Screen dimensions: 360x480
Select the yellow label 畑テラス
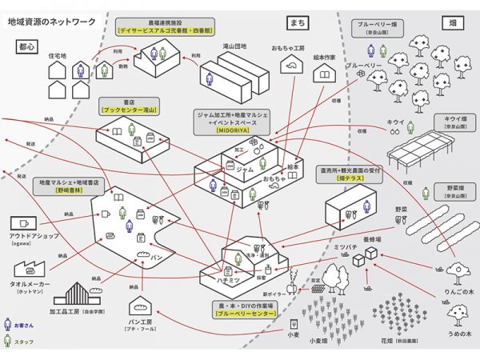pyautogui.click(x=346, y=181)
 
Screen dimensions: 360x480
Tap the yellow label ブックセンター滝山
pyautogui.click(x=129, y=108)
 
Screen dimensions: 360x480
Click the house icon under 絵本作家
pyautogui.click(x=324, y=74)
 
